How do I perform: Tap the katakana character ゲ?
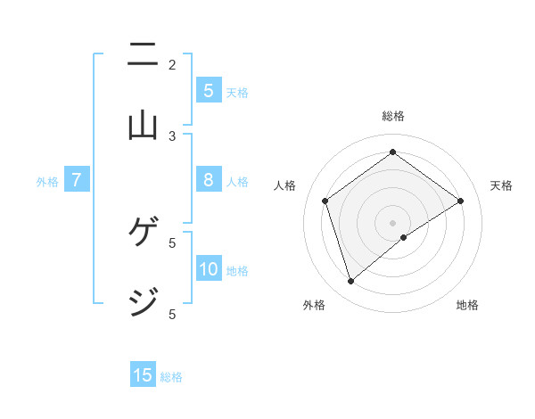pos(143,233)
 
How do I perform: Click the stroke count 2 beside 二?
pos(172,64)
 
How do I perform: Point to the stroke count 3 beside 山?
pos(172,136)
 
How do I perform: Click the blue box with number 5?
pos(209,90)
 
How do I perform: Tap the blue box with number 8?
pos(209,180)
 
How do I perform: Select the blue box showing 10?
pos(209,269)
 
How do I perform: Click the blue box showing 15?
pos(143,375)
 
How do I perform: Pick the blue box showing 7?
pos(77,180)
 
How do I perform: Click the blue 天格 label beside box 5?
pos(237,92)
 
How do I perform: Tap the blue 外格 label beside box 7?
pos(47,182)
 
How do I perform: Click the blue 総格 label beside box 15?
pos(171,377)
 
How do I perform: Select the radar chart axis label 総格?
pos(393,116)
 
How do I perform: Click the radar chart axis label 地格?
pos(467,305)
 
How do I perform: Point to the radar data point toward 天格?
pos(460,201)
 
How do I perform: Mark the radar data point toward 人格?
pos(325,201)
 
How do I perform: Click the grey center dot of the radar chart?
pos(393,222)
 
